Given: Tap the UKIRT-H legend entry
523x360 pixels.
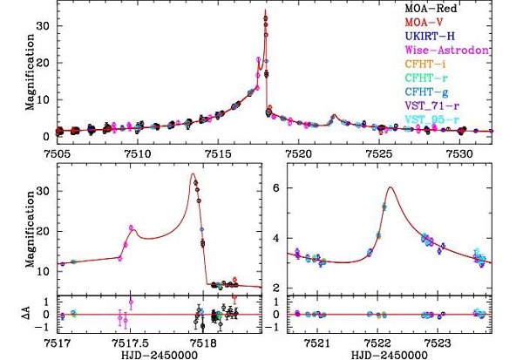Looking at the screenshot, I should click(454, 36).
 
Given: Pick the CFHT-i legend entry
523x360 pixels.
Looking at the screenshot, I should click(452, 64).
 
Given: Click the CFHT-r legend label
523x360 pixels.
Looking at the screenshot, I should click(452, 78).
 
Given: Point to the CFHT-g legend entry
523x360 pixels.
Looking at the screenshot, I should click(452, 92).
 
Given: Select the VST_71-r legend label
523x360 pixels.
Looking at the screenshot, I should click(458, 105).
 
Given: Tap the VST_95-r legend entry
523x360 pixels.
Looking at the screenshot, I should click(458, 119).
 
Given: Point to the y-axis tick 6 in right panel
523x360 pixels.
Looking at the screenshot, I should click(276, 187).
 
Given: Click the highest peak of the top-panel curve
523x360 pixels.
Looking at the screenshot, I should click(265, 10).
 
